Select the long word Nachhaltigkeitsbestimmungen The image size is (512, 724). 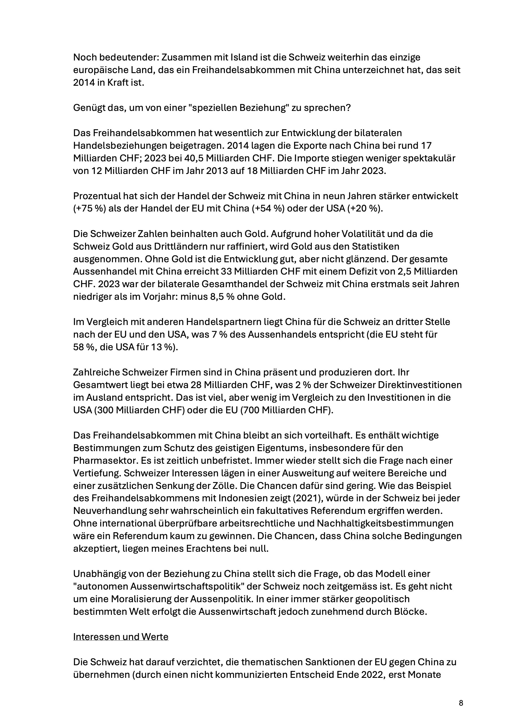(385, 524)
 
